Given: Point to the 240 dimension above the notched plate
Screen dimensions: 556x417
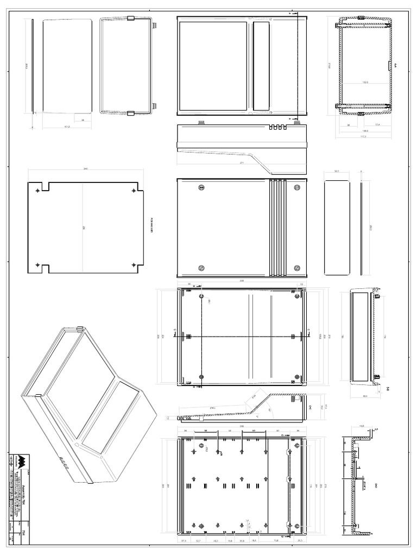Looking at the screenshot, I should pos(85,169).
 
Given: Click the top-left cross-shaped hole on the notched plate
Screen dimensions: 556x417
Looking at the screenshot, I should pos(37,191).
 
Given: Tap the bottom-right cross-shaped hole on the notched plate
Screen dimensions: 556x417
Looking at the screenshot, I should pos(134,264).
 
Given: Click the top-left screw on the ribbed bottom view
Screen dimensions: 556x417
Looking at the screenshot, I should pos(201,188).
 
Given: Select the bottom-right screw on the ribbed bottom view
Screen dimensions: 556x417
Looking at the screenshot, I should pos(297,268).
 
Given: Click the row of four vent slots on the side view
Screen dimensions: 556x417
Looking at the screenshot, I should pos(276,129).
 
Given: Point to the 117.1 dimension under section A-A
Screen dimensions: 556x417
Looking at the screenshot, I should pos(364,136).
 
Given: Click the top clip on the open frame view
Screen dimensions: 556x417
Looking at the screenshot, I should pos(130,19).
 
